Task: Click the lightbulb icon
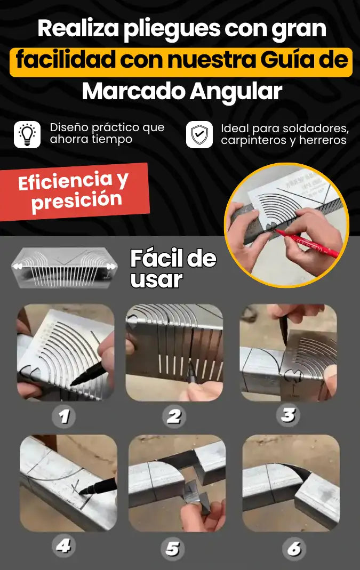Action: pos(27,134)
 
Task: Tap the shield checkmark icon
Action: pos(199,134)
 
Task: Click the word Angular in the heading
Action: pos(236,92)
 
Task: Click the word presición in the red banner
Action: pos(77,201)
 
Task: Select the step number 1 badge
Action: pos(63,416)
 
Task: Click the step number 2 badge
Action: pos(173,416)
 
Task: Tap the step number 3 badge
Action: pos(287,415)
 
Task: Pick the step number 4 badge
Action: pos(63,546)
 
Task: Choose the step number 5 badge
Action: pos(173,549)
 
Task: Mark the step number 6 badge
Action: pos(294,549)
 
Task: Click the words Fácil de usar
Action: pos(173,268)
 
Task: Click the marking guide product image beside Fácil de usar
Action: pos(65,268)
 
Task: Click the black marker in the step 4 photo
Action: pos(98,486)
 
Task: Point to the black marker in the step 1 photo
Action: pos(88,374)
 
